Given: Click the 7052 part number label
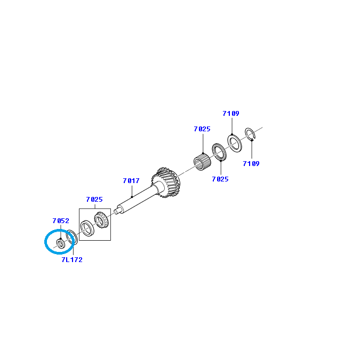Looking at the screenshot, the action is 61,220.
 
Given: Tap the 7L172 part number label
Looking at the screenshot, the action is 72,259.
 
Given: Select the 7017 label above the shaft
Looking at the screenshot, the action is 131,180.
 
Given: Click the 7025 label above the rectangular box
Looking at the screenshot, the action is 94,200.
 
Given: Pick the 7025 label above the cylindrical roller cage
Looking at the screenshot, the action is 202,129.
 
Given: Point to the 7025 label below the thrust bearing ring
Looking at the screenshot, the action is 220,179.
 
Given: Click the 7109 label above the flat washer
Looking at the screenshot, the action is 231,114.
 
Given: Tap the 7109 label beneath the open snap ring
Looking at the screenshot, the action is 251,164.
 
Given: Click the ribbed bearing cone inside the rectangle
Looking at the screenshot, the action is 101,219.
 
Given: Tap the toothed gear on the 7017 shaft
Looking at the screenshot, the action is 166,183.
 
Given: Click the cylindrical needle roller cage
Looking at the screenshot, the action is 202,162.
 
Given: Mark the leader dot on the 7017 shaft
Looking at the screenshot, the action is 132,197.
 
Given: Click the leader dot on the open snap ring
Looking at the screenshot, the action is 252,140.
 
